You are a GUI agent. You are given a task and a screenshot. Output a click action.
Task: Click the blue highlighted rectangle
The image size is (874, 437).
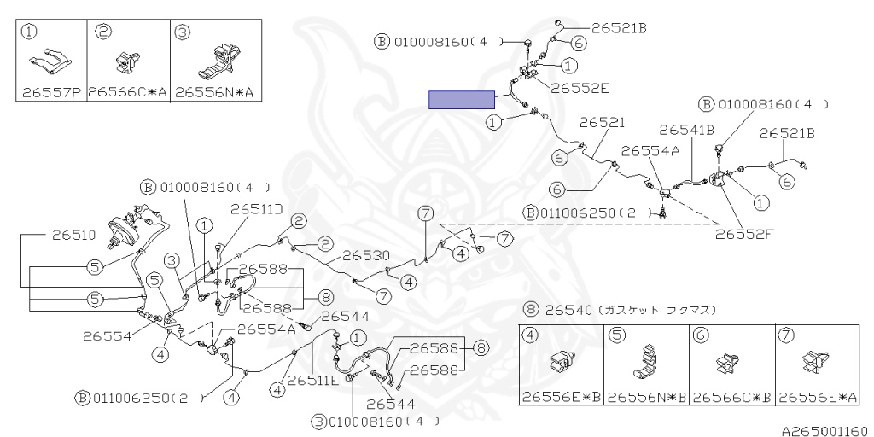tap(462, 100)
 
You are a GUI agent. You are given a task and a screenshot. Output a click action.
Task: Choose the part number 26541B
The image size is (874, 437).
tap(687, 130)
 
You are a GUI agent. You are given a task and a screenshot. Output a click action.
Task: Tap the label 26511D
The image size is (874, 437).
tap(255, 207)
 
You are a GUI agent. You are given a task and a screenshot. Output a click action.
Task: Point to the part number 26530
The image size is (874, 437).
tap(366, 255)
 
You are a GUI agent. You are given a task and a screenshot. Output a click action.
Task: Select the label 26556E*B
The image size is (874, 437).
tap(560, 398)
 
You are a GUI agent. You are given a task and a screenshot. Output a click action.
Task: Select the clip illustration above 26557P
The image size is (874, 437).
tap(51, 61)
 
